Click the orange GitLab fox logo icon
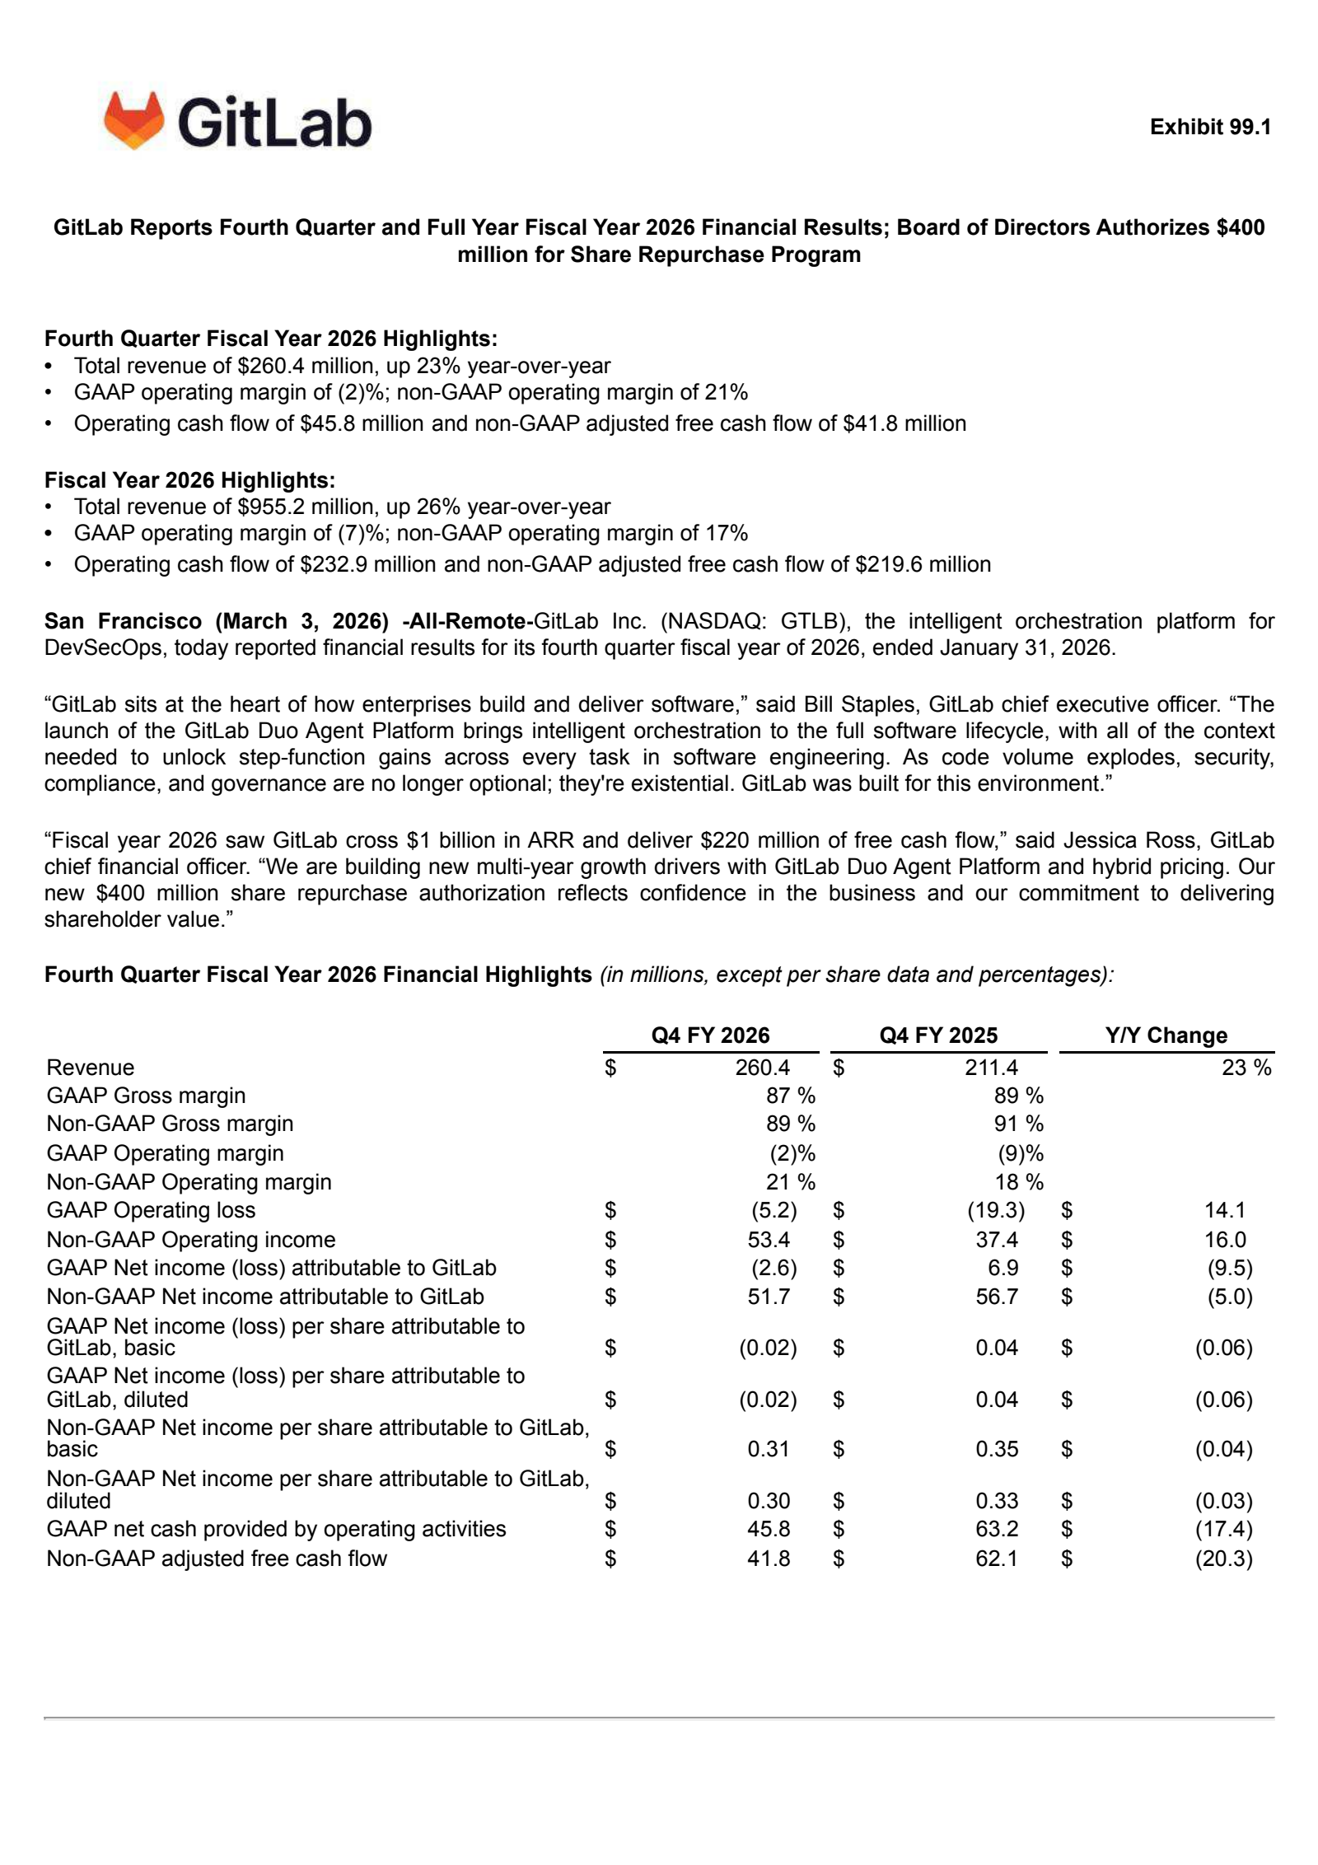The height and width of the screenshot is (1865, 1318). tap(134, 120)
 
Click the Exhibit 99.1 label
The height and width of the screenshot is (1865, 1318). tap(1210, 127)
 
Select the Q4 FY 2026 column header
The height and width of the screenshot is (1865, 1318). tap(710, 1035)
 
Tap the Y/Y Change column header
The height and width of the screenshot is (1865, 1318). tap(1166, 1035)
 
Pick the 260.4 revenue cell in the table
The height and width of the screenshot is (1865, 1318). tap(762, 1068)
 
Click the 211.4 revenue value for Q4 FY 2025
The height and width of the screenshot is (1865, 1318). tap(991, 1068)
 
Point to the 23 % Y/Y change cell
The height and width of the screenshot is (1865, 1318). tap(1246, 1068)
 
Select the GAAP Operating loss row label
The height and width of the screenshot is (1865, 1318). tap(151, 1210)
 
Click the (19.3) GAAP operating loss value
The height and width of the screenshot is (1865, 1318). tap(996, 1210)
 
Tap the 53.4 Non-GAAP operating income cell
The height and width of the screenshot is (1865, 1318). tap(769, 1240)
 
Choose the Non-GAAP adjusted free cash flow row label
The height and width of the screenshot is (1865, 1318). tap(217, 1559)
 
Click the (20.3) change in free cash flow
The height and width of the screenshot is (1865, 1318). tap(1223, 1559)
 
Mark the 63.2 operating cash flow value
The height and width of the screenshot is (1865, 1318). tap(997, 1529)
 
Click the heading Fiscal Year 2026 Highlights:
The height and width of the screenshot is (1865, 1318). tap(189, 480)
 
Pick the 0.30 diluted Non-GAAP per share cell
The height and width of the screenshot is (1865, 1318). tap(769, 1501)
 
